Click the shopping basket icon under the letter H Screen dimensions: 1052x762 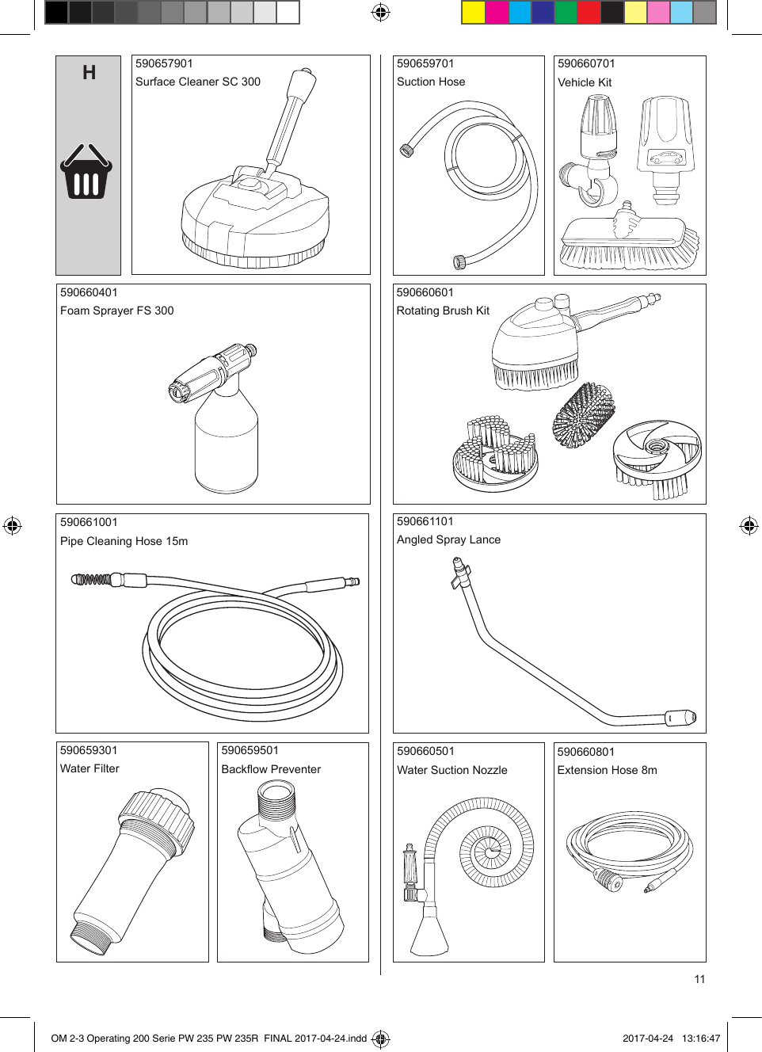86,171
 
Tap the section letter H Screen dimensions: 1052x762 89,73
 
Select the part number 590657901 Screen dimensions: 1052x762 164,64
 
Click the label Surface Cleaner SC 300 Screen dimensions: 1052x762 197,82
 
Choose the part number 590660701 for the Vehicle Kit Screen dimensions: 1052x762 586,64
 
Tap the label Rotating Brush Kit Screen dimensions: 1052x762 443,311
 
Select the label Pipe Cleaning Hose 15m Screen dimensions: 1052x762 124,541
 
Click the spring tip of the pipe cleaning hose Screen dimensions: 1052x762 92,580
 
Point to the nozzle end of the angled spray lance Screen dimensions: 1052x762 680,718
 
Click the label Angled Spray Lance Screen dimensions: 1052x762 448,539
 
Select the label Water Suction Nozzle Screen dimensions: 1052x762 451,770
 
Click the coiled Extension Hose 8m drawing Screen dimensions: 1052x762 629,852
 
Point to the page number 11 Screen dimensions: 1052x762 699,979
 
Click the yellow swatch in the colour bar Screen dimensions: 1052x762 473,13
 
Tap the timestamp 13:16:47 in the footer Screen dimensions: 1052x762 700,1039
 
